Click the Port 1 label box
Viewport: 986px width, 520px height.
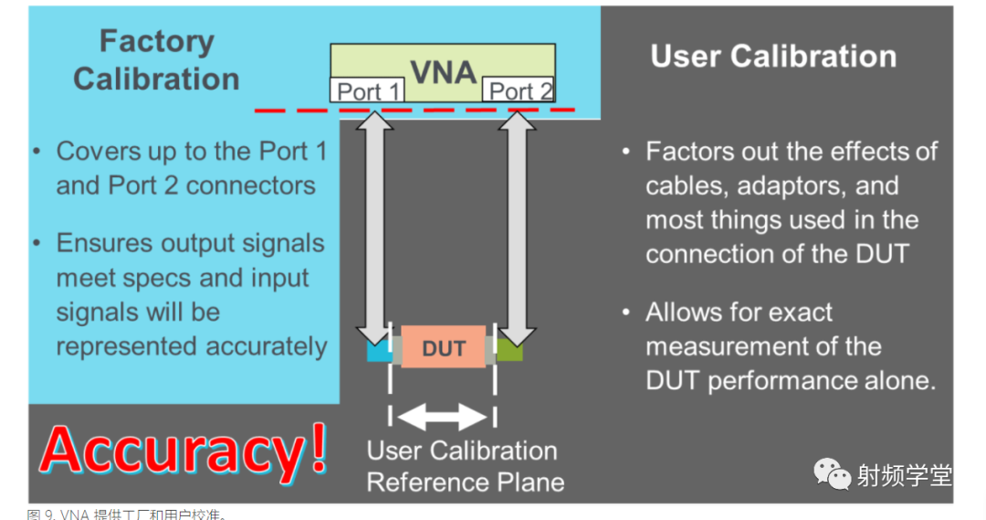point(368,91)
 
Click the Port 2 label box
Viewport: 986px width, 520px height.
point(520,91)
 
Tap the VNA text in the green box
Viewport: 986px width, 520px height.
point(444,71)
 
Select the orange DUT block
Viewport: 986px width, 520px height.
point(444,348)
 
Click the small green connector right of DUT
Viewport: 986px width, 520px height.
point(510,350)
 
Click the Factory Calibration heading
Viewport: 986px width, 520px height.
point(156,60)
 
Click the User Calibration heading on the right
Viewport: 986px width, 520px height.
point(773,57)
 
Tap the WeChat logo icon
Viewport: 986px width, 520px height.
point(833,474)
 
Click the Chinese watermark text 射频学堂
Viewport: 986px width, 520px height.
point(904,475)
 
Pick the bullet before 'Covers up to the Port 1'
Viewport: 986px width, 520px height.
point(37,152)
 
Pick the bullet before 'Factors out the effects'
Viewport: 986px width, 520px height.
point(626,152)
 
